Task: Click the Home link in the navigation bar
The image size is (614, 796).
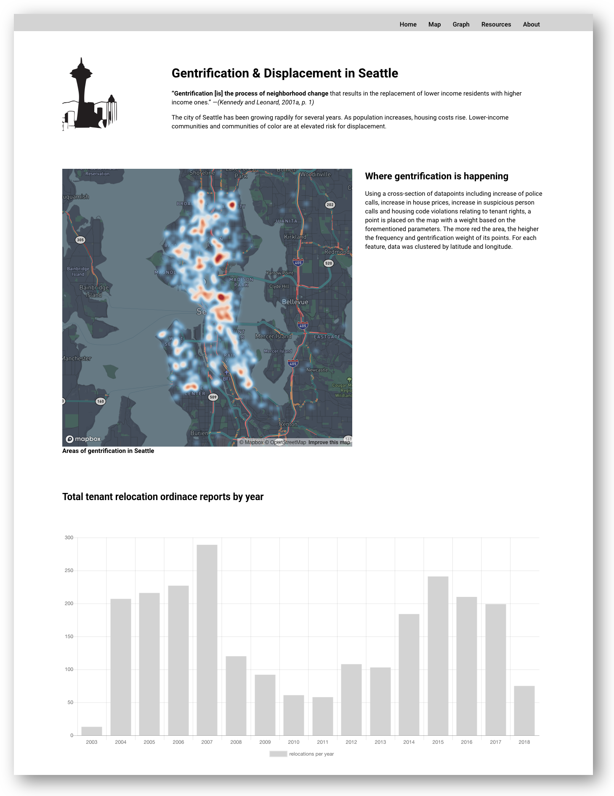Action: click(408, 24)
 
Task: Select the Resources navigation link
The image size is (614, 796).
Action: click(496, 24)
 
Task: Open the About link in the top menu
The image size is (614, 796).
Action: click(531, 24)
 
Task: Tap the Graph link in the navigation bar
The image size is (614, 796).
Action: click(461, 24)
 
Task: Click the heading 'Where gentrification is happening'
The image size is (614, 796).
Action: click(436, 176)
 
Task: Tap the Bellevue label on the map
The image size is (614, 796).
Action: click(295, 302)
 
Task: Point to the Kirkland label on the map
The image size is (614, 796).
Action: click(295, 237)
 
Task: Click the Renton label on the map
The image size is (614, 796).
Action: click(288, 424)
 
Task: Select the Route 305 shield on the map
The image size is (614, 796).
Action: click(80, 240)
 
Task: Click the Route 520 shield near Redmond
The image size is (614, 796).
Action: click(328, 263)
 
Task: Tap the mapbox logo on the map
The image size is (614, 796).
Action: click(83, 439)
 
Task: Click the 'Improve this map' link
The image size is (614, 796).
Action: click(329, 442)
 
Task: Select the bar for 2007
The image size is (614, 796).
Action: click(207, 640)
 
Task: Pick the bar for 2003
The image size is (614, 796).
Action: click(92, 731)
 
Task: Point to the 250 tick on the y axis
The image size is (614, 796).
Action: click(69, 571)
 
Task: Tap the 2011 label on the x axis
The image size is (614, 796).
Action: click(322, 742)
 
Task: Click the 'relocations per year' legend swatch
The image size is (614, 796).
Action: click(278, 754)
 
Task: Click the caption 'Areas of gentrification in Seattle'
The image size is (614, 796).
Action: click(108, 451)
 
